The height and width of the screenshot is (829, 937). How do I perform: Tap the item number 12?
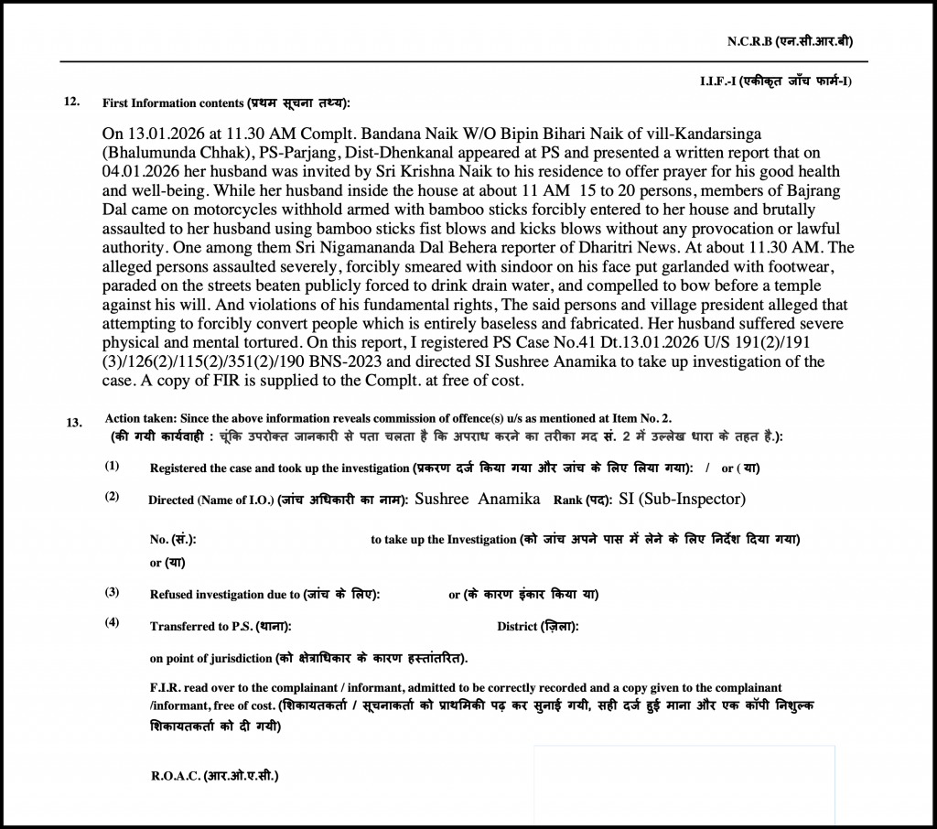(x=72, y=101)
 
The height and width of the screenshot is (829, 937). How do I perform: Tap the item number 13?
(x=75, y=423)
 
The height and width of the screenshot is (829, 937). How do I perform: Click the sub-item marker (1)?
(x=112, y=466)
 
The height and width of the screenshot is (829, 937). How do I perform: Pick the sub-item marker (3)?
(x=112, y=591)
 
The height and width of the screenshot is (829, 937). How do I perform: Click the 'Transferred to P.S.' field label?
(x=221, y=627)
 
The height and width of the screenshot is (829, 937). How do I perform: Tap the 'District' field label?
(x=537, y=627)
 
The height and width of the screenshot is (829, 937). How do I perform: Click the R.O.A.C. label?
(x=214, y=777)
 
